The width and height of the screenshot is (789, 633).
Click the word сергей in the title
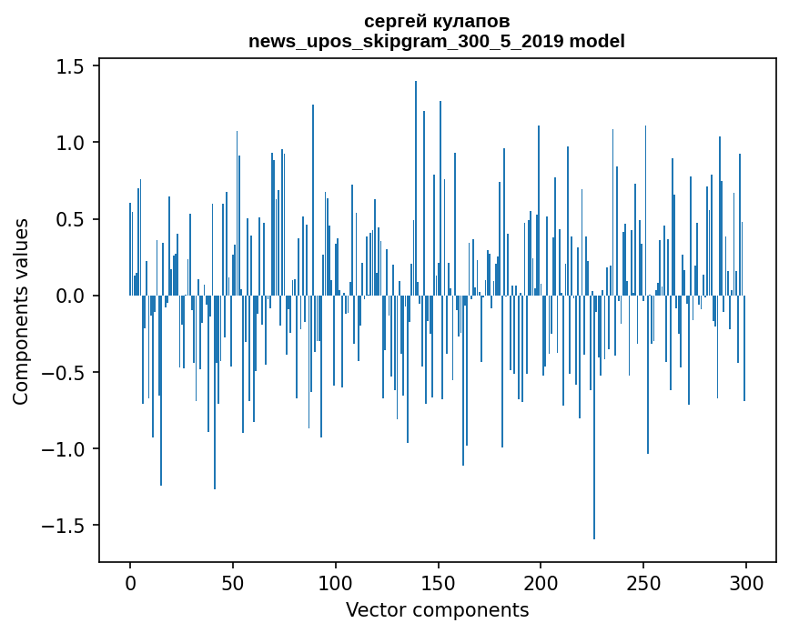click(x=396, y=21)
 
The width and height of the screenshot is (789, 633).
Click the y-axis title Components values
click(x=21, y=311)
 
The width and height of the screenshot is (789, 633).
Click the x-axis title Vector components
click(x=437, y=609)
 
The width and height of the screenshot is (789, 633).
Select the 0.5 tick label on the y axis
click(x=73, y=219)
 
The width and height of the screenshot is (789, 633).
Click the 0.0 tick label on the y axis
click(x=73, y=296)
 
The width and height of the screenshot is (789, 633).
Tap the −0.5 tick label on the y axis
click(x=66, y=372)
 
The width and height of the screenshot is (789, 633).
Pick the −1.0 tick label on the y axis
click(x=66, y=448)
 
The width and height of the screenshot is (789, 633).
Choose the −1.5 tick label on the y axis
click(x=66, y=526)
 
